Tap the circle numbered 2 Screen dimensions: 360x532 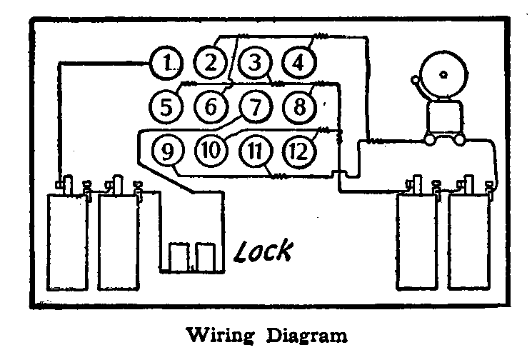pos(209,63)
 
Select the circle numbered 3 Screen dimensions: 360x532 pos(253,63)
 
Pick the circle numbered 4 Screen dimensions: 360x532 pos(297,63)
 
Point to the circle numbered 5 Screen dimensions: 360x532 pos(166,108)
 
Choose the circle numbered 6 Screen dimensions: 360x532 pos(210,108)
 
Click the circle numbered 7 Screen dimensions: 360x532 pos(253,108)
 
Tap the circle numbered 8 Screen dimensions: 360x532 pos(297,108)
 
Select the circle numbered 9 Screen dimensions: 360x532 pos(167,151)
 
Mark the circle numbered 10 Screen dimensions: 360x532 pos(210,151)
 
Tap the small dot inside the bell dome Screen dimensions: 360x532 pos(444,73)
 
